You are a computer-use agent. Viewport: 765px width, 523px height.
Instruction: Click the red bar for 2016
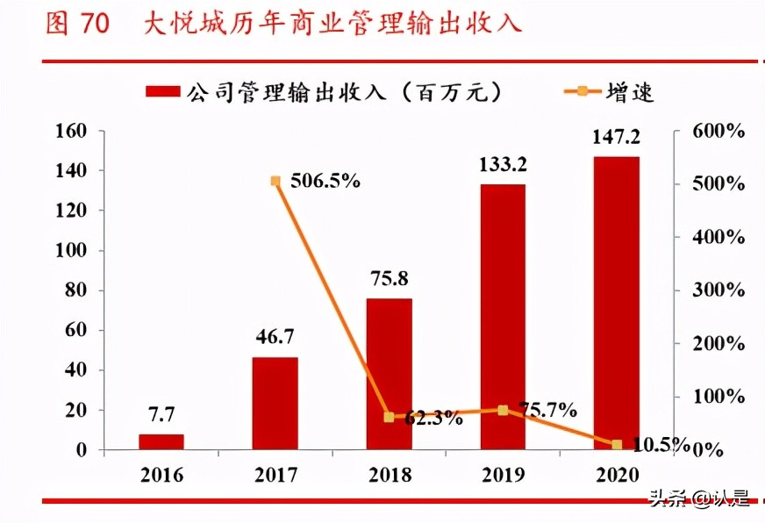(x=161, y=441)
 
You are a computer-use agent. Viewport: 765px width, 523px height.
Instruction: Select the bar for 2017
(x=275, y=404)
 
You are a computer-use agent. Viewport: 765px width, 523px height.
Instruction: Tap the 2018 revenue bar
(x=389, y=374)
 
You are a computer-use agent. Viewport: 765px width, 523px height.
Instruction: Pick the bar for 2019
(x=503, y=317)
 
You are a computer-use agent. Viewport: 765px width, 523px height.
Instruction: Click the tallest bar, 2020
(x=616, y=303)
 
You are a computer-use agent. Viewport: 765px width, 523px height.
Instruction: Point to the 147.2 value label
(x=616, y=137)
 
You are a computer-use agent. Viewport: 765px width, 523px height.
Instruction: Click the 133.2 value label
(x=503, y=164)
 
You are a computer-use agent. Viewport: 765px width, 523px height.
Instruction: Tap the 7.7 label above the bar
(x=161, y=414)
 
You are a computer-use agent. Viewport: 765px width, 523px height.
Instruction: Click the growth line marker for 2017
(x=275, y=181)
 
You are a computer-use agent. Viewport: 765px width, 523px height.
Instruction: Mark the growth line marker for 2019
(x=503, y=410)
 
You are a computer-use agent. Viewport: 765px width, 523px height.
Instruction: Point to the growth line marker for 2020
(x=617, y=445)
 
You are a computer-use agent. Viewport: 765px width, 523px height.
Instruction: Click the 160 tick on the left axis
(x=72, y=132)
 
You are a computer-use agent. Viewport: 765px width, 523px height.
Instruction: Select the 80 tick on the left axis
(x=77, y=290)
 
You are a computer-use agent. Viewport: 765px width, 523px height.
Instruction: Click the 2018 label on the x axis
(x=389, y=476)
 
